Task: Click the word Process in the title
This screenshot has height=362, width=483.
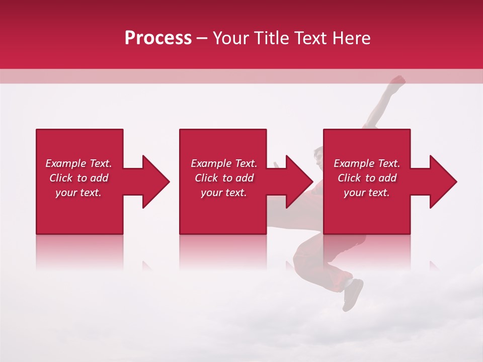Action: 158,38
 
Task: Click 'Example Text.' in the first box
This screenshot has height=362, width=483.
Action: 78,163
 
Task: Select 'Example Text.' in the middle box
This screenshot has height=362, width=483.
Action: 224,163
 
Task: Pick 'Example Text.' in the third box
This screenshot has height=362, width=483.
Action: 367,163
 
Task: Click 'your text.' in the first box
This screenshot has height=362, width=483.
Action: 78,193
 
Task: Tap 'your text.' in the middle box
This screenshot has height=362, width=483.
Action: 224,193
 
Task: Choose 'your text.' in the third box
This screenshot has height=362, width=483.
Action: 367,193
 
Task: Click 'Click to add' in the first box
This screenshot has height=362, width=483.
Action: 78,178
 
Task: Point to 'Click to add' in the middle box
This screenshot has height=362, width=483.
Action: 224,178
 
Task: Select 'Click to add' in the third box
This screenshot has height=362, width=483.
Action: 367,178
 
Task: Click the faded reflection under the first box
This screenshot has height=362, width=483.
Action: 79,251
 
